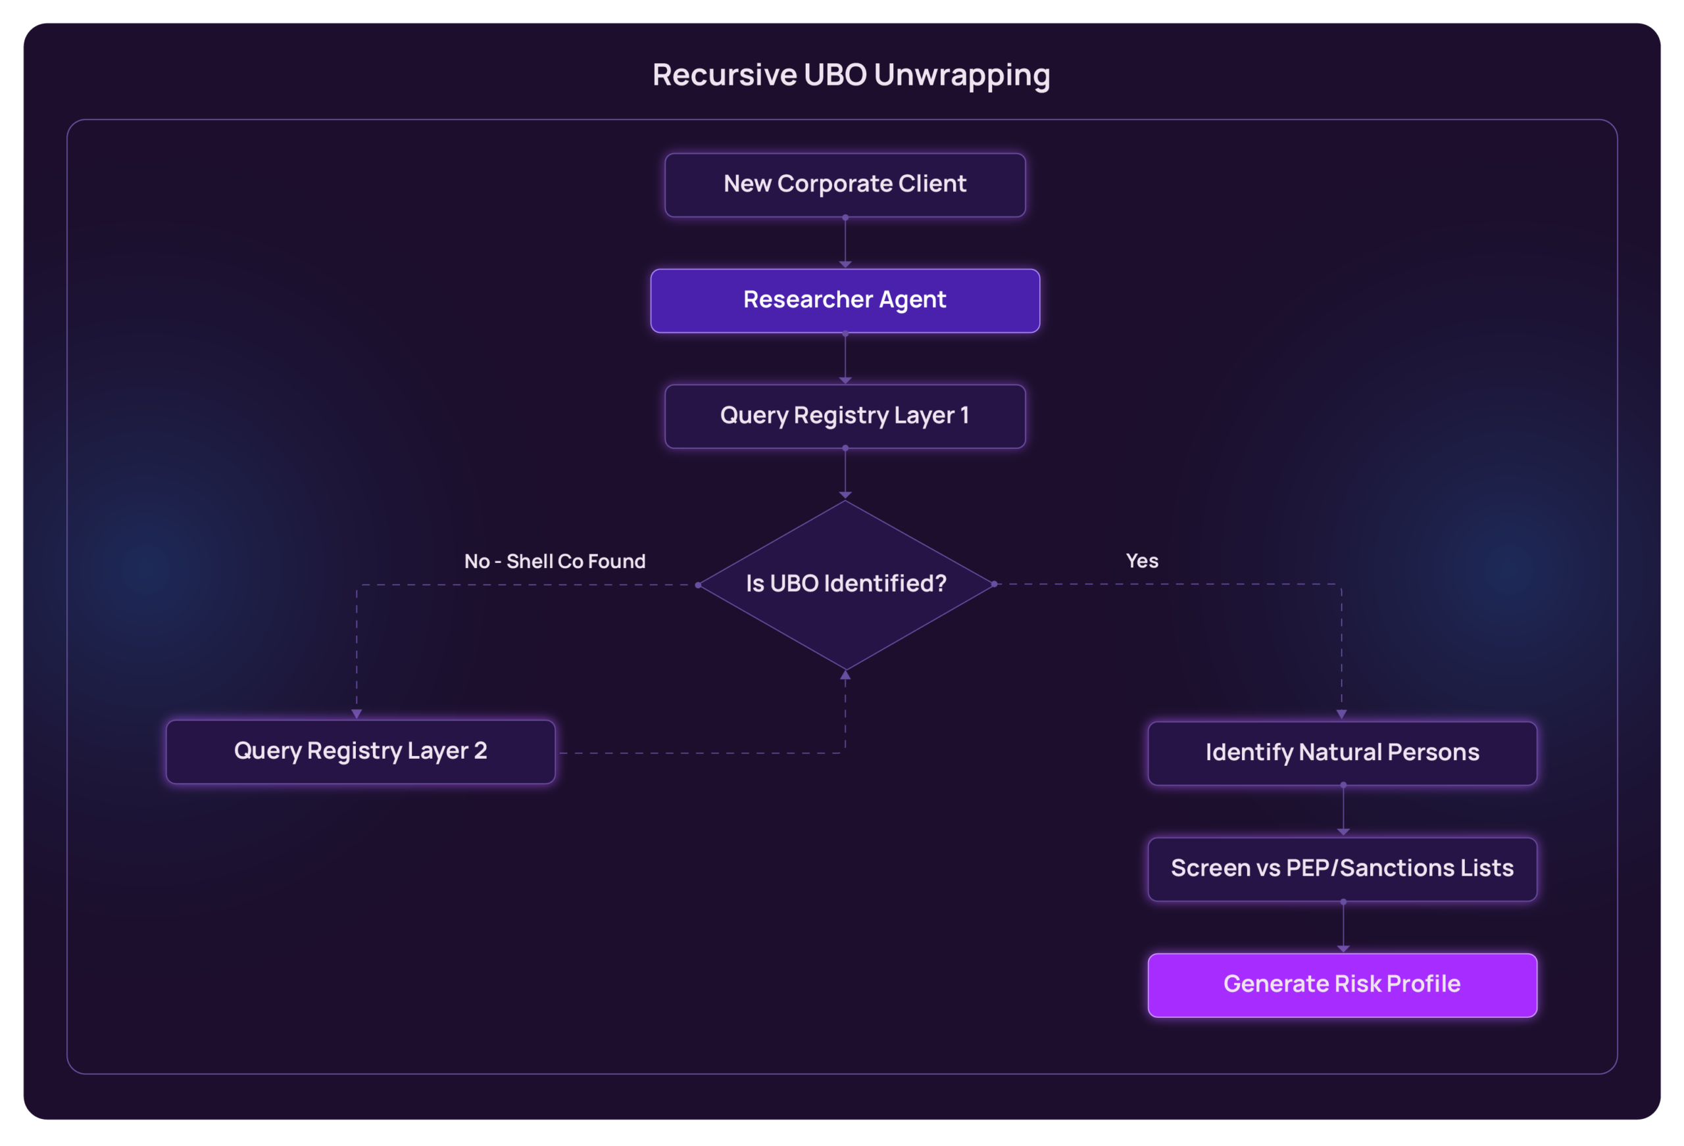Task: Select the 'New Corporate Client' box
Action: pyautogui.click(x=845, y=185)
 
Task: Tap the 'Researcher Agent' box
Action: pyautogui.click(x=845, y=300)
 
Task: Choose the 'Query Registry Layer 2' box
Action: pyautogui.click(x=360, y=752)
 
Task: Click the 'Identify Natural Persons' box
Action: pyautogui.click(x=1342, y=753)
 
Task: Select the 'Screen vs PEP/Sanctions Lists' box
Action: pyautogui.click(x=1342, y=869)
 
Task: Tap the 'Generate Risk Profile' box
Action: pyautogui.click(x=1342, y=984)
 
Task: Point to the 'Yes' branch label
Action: pyautogui.click(x=1142, y=561)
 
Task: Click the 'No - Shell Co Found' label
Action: pyautogui.click(x=555, y=561)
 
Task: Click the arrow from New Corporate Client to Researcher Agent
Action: pyautogui.click(x=845, y=243)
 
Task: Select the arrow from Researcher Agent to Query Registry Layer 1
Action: pyautogui.click(x=845, y=358)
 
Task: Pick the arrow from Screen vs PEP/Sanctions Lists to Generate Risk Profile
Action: pyautogui.click(x=1343, y=926)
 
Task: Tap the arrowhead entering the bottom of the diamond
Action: pyautogui.click(x=845, y=675)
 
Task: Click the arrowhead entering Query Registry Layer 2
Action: pyautogui.click(x=357, y=713)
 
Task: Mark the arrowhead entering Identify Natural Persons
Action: pyautogui.click(x=1341, y=714)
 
